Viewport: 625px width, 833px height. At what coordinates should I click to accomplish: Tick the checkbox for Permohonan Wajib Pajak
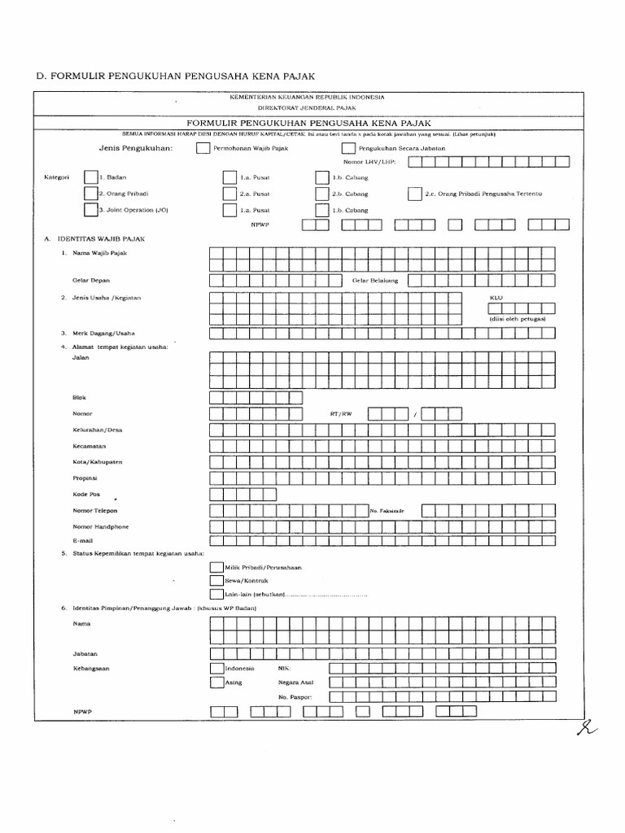click(202, 148)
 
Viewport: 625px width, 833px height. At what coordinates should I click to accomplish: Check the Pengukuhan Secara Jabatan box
click(348, 148)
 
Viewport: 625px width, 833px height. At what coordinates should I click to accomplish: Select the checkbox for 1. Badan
click(90, 177)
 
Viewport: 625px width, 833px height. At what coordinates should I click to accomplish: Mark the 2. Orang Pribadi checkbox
click(90, 194)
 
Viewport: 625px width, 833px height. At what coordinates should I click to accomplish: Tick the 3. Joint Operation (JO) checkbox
click(90, 210)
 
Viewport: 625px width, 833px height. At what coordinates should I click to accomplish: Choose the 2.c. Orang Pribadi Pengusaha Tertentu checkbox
click(415, 194)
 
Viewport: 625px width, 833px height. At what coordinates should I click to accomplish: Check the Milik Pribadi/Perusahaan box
click(216, 567)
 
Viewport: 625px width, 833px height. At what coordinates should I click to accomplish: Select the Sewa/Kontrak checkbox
click(216, 581)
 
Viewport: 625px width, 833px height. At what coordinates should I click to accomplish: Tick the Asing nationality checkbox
click(216, 683)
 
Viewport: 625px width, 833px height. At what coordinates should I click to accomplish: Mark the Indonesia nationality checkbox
click(216, 668)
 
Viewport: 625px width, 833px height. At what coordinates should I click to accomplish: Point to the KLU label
click(496, 298)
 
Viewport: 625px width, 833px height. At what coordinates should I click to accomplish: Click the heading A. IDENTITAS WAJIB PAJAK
click(91, 240)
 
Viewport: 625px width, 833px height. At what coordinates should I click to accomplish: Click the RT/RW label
click(341, 414)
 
